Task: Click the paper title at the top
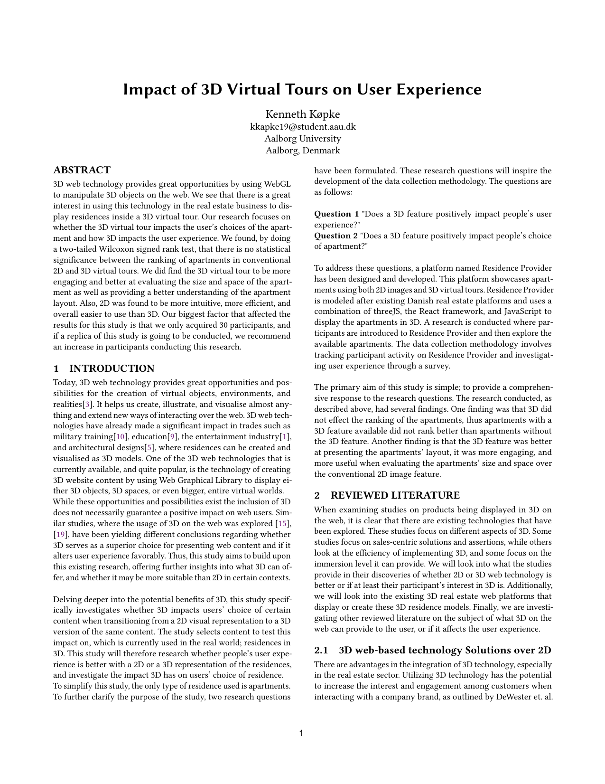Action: click(302, 89)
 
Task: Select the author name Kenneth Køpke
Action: click(302, 114)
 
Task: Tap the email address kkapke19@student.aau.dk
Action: click(302, 127)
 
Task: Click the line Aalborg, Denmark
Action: click(302, 151)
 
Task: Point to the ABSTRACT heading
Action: click(82, 170)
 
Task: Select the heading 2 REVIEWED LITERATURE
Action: click(387, 495)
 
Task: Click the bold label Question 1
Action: click(336, 214)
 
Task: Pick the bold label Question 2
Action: click(336, 236)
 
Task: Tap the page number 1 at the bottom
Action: click(301, 733)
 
